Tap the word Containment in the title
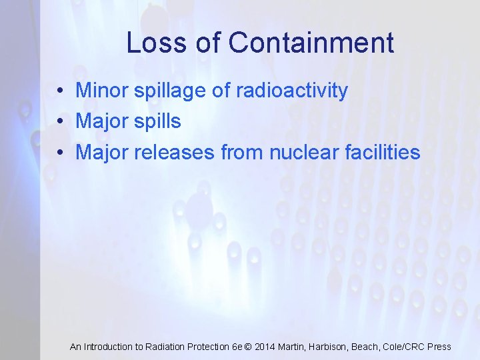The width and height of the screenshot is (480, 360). click(x=311, y=43)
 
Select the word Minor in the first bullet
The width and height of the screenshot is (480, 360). click(x=102, y=91)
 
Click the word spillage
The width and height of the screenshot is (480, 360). click(x=170, y=91)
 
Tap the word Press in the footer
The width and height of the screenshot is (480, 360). click(x=439, y=347)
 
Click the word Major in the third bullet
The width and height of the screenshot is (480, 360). click(x=102, y=153)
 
